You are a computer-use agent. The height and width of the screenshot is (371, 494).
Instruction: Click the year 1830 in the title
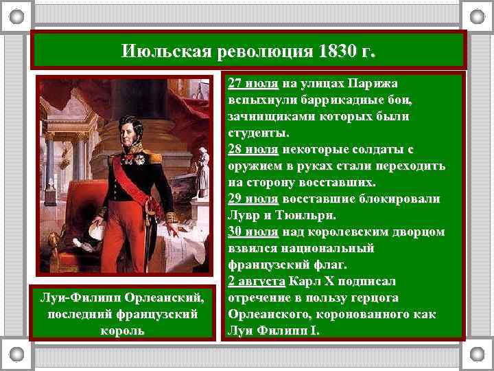(339, 52)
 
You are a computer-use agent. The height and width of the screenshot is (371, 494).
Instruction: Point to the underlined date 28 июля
(253, 150)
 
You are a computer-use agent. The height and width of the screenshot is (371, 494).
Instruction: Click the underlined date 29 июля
(253, 199)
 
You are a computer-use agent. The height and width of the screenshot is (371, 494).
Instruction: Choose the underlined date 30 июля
(253, 232)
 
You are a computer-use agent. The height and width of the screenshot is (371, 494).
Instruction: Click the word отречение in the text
(259, 298)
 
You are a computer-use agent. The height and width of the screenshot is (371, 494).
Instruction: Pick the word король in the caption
(123, 330)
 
